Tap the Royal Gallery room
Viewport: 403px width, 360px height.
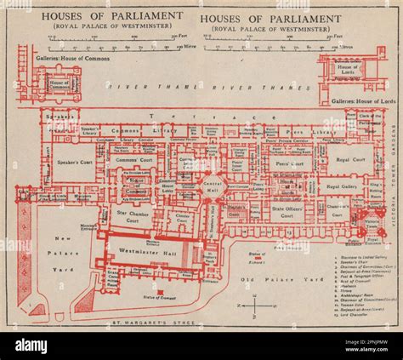(341, 186)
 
